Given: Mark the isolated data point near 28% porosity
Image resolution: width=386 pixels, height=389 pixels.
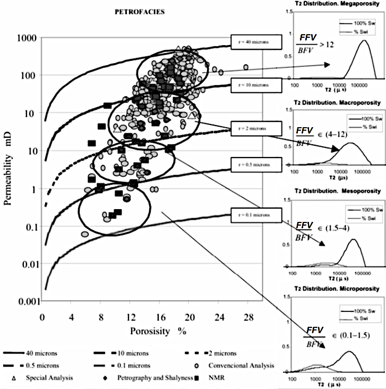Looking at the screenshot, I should point(246,67).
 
